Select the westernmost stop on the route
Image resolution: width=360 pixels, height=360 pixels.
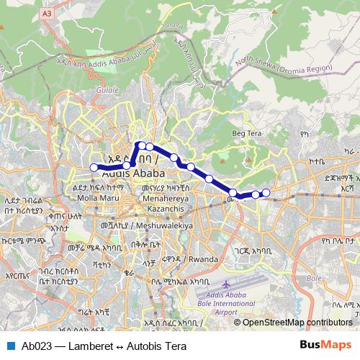pyautogui.click(x=94, y=168)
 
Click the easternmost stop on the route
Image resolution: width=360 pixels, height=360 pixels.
pyautogui.click(x=266, y=192)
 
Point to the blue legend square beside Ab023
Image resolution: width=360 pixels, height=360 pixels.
pyautogui.click(x=9, y=346)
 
